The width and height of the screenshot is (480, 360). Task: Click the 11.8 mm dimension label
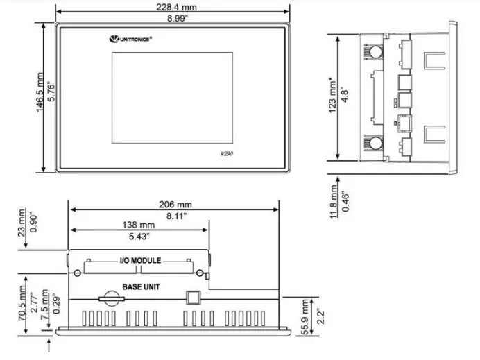(x=333, y=201)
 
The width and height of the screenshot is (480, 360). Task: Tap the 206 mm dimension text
(x=174, y=205)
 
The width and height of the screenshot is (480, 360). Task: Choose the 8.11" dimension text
(x=174, y=216)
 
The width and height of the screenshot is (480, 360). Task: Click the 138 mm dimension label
(x=138, y=225)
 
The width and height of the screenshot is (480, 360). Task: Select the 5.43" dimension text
(x=138, y=237)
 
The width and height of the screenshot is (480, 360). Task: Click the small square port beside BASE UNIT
(x=191, y=297)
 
